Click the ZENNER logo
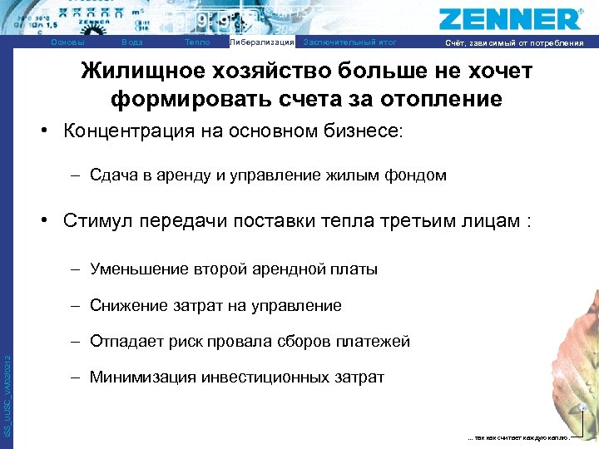[x=510, y=18]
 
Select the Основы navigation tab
[x=67, y=42]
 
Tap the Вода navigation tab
[x=131, y=42]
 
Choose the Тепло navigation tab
[x=197, y=42]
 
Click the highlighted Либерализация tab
[x=261, y=42]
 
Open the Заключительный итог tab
[x=350, y=42]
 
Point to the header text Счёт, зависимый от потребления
[x=514, y=43]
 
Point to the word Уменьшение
[x=138, y=269]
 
